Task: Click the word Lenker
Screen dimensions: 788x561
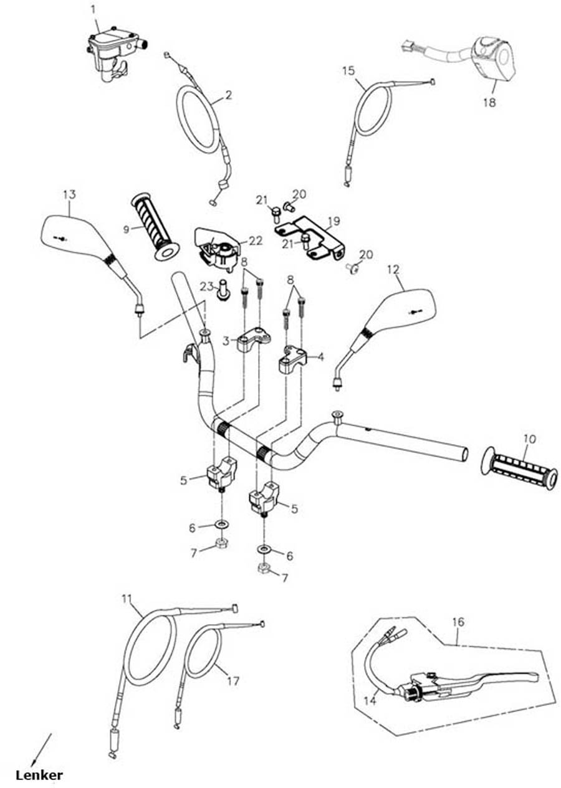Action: coord(39,775)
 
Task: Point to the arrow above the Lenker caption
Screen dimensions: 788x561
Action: coord(41,748)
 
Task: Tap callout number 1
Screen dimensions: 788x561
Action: coord(93,9)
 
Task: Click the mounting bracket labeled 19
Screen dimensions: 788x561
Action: coord(312,237)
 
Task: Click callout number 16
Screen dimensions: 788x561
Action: coord(458,622)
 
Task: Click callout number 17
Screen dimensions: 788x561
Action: coord(233,681)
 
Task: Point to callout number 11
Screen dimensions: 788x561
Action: coord(127,599)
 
